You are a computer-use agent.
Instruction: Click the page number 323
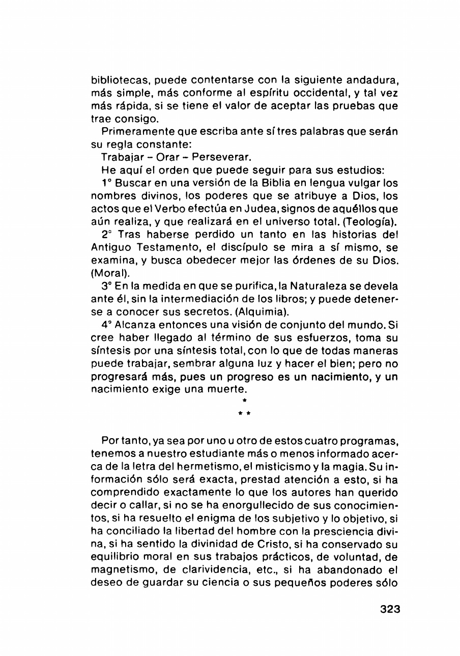(390, 609)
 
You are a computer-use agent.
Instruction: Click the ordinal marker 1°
(107, 182)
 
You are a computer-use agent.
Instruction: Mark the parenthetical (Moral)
(108, 273)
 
